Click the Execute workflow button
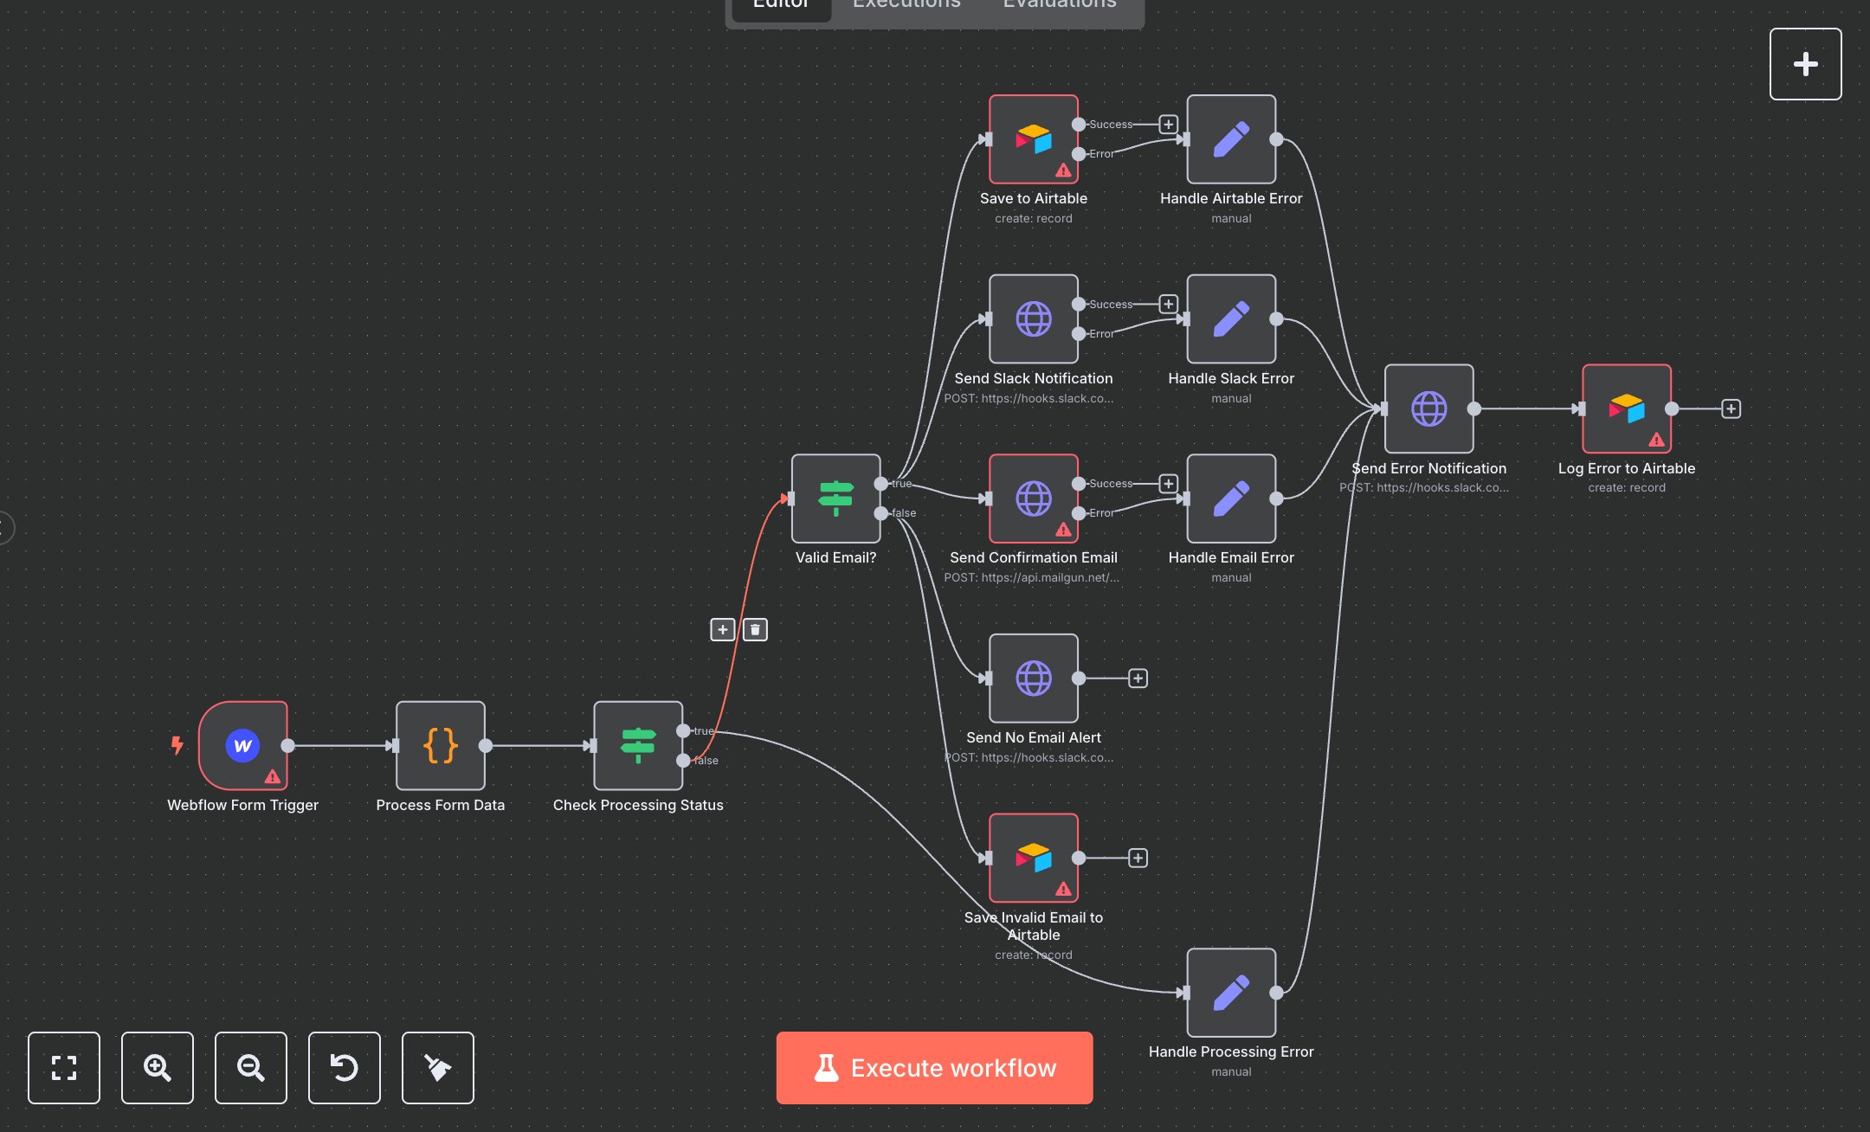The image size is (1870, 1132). coord(934,1068)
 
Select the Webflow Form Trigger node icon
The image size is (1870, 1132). coord(243,745)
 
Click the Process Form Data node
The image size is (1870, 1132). coord(441,745)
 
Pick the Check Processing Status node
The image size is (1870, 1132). coord(638,745)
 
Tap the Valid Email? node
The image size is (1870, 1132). coord(835,498)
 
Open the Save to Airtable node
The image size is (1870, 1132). coord(1034,139)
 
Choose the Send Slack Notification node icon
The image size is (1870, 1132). coord(1034,319)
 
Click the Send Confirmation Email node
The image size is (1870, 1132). coord(1034,498)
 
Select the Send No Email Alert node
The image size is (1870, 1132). coord(1034,679)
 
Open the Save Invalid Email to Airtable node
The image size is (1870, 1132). coord(1034,858)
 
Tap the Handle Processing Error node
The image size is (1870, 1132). coord(1231,993)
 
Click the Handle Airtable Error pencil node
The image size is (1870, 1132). coord(1231,139)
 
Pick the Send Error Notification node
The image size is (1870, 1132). coord(1428,408)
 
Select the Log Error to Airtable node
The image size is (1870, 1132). coord(1627,408)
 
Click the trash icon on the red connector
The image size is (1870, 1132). coord(755,630)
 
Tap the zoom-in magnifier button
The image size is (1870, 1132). coord(158,1068)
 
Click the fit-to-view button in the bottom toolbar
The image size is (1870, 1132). coord(64,1068)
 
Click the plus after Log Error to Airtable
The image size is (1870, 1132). coord(1731,408)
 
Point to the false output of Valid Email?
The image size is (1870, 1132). coord(881,513)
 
